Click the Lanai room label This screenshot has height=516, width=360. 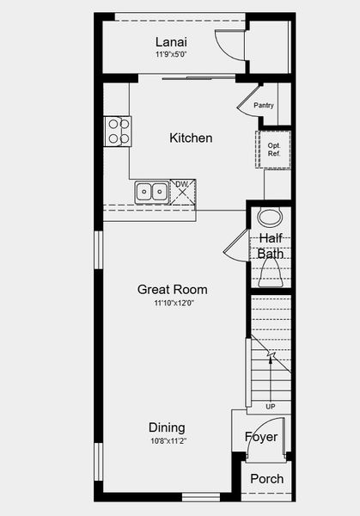[172, 42]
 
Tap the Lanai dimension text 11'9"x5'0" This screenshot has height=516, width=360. [172, 55]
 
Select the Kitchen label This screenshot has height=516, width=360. [191, 138]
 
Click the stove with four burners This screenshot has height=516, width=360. [118, 130]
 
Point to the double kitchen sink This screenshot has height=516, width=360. [151, 191]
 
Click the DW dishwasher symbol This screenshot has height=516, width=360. [182, 190]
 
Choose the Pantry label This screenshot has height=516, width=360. [263, 106]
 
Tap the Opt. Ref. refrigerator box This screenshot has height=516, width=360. [275, 150]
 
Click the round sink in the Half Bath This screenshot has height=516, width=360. [270, 216]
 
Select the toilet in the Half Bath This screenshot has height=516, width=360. [271, 274]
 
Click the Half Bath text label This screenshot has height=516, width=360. [271, 245]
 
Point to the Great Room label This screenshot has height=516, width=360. [172, 290]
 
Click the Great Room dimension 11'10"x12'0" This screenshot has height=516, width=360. [172, 304]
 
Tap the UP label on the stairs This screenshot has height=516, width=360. [271, 406]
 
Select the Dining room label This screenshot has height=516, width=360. [167, 427]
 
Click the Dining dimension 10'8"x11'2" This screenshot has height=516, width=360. [167, 440]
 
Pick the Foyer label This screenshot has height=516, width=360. [261, 437]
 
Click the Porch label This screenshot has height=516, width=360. [266, 479]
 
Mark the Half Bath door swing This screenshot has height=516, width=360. [235, 244]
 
